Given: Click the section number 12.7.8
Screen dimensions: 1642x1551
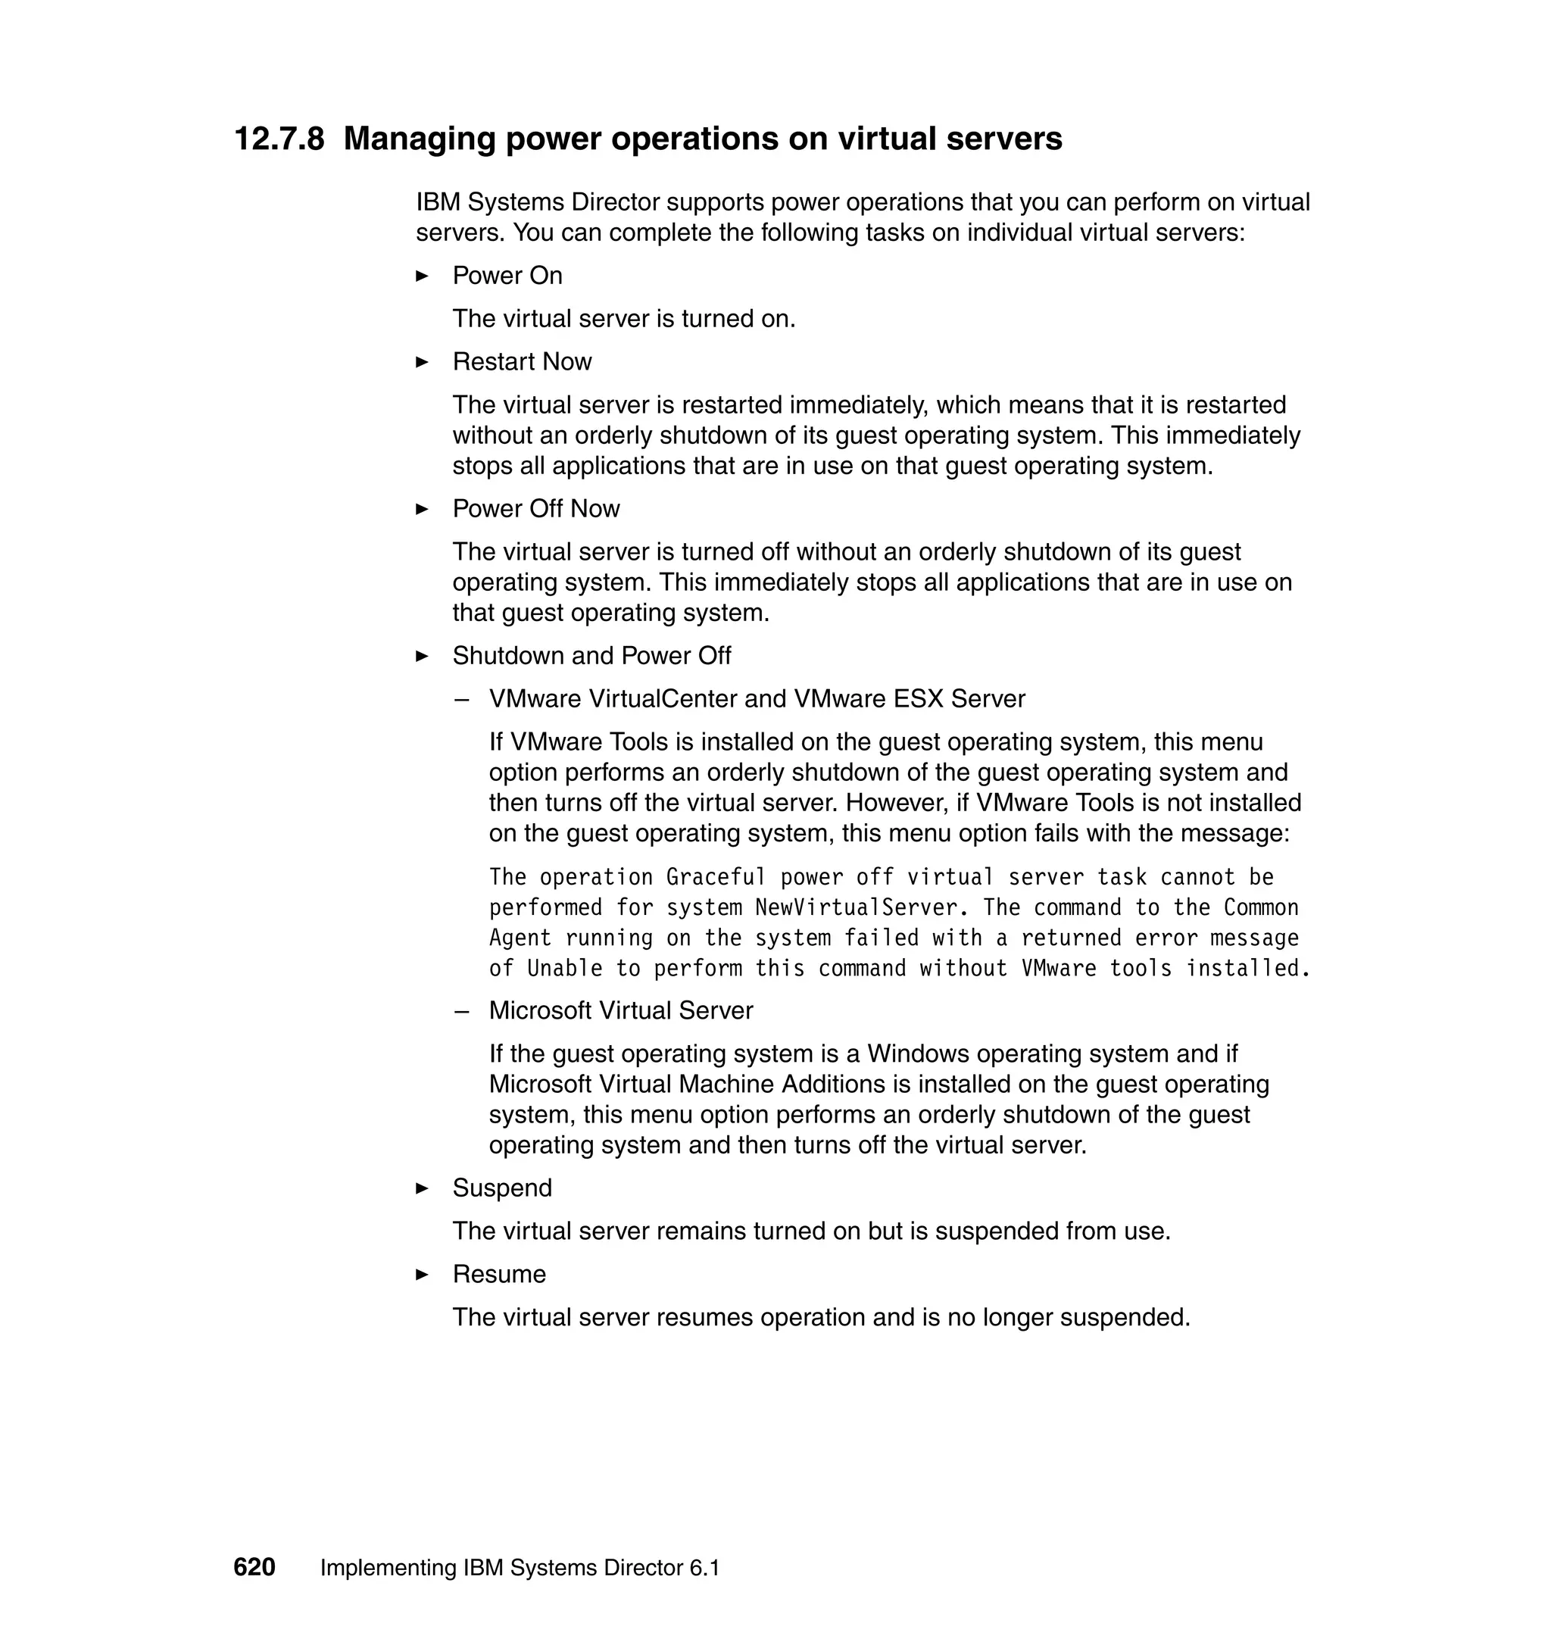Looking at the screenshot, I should [279, 139].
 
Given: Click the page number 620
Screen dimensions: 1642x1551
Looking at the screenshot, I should [254, 1567].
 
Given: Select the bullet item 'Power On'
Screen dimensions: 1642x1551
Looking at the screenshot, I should [507, 276].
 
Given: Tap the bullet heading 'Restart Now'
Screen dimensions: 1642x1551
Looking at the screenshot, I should [522, 361].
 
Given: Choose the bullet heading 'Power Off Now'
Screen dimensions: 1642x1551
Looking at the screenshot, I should [535, 508].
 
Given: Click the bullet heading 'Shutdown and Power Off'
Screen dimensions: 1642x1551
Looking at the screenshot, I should [591, 656].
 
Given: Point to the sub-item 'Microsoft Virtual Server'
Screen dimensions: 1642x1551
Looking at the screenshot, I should [621, 1010].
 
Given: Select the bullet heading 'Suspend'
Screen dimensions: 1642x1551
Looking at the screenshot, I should [502, 1188].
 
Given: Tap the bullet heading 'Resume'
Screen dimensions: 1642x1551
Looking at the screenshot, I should [498, 1274].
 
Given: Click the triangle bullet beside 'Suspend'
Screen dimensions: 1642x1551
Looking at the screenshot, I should [422, 1188].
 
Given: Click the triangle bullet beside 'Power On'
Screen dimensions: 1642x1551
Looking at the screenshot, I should [422, 276].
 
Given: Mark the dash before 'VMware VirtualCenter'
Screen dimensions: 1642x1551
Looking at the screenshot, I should [461, 700].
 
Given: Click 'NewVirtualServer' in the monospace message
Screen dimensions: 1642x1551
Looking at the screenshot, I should [857, 908].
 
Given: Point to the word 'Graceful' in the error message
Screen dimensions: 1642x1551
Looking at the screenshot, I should [716, 877].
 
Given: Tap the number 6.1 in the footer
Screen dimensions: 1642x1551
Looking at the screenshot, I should [704, 1568].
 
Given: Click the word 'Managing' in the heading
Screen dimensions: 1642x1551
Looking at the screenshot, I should [418, 139].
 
